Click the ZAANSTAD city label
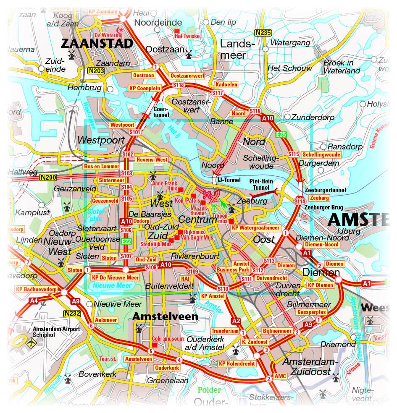click(97, 43)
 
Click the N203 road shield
click(95, 71)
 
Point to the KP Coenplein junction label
click(145, 88)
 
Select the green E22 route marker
click(126, 241)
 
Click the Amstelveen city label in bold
click(165, 316)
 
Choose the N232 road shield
click(72, 313)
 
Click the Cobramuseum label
click(168, 338)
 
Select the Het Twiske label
click(187, 36)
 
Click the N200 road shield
click(48, 178)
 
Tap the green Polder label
click(209, 390)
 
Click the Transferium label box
click(225, 331)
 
